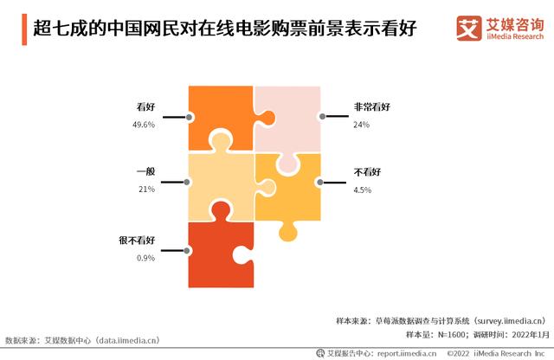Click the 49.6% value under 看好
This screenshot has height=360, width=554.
click(144, 125)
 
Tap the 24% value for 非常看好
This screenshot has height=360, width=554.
click(362, 125)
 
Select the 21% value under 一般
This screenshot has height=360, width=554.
click(146, 190)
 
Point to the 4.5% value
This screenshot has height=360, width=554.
click(363, 190)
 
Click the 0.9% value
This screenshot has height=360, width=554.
click(146, 258)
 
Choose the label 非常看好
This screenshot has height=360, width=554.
click(372, 106)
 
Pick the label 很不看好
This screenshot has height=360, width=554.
click(137, 241)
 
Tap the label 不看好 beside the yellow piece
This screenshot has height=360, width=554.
click(367, 172)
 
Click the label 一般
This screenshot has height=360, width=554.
click(146, 171)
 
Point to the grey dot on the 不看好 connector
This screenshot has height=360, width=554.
click(320, 182)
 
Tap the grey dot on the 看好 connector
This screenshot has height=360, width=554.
click(189, 117)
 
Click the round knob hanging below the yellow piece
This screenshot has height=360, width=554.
click(288, 233)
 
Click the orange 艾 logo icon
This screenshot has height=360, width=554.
click(469, 28)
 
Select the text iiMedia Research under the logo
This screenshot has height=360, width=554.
click(515, 36)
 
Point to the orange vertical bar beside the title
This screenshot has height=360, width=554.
click(24, 29)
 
